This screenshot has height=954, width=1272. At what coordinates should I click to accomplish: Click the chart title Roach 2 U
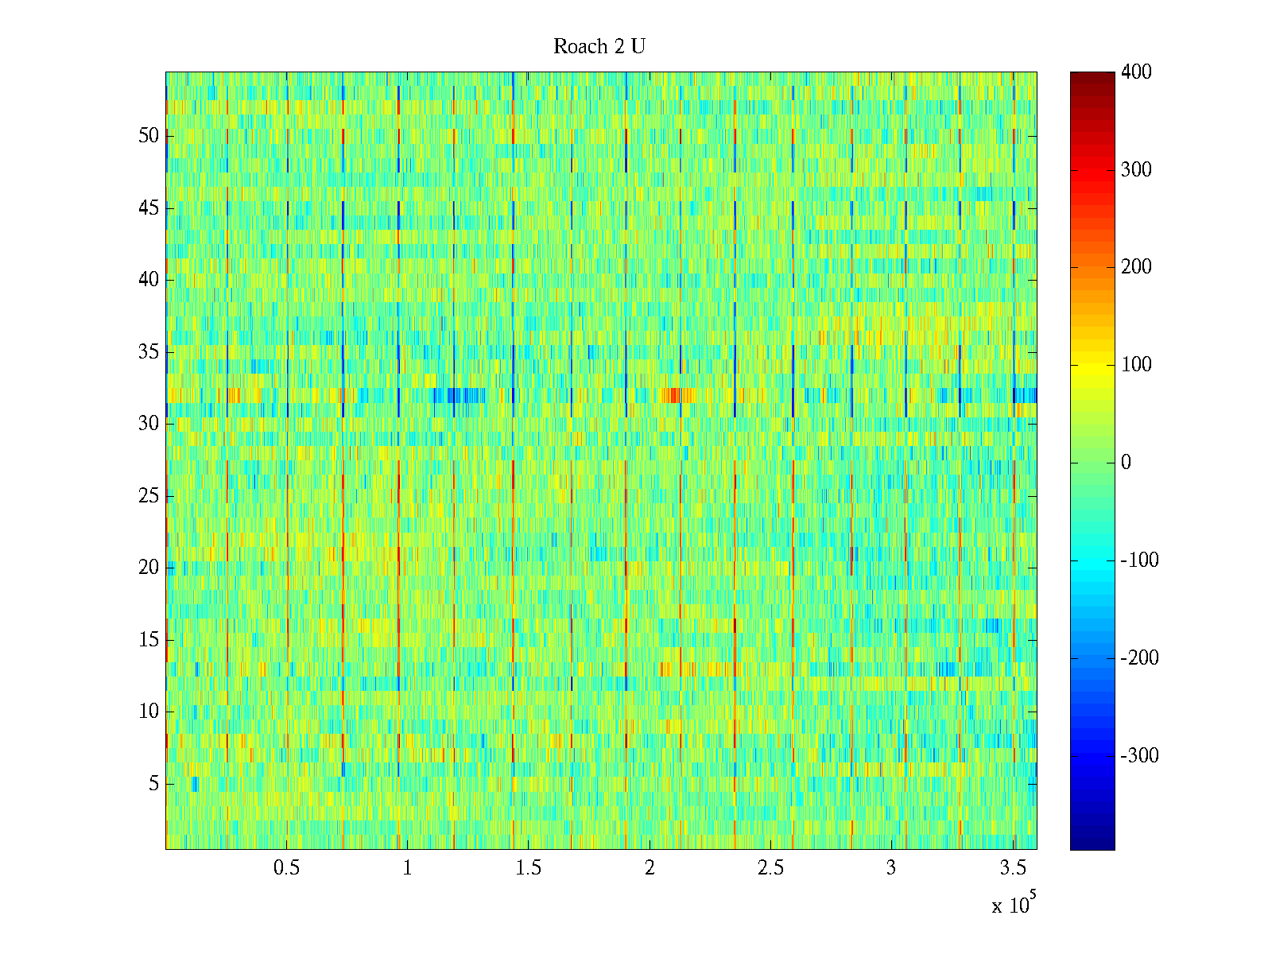pos(599,47)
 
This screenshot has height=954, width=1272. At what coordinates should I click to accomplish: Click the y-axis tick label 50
pos(149,135)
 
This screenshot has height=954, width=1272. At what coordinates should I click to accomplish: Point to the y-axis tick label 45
pos(149,208)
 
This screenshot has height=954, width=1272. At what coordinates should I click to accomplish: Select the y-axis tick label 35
pos(149,352)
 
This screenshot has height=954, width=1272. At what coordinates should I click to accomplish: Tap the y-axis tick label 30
pos(149,424)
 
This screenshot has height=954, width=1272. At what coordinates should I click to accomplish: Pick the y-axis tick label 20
pos(149,568)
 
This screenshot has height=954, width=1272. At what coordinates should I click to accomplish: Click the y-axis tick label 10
pos(149,712)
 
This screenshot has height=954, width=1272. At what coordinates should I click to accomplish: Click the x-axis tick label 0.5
pos(287,868)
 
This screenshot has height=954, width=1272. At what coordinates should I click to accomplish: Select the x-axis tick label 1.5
pos(529,868)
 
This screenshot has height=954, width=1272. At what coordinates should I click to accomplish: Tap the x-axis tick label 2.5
pos(770,868)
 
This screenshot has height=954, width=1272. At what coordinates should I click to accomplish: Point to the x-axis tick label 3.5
pos(1012,868)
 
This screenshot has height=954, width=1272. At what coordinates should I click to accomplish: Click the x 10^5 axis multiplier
pos(1013,905)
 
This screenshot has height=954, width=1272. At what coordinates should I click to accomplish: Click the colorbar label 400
pos(1136,72)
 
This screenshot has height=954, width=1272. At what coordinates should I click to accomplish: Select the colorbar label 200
pos(1136,267)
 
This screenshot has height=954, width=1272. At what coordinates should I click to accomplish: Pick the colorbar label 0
pos(1126,463)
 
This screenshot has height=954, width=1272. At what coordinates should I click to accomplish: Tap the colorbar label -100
pos(1139,560)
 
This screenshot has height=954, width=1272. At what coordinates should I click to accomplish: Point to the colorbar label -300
pos(1139,755)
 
